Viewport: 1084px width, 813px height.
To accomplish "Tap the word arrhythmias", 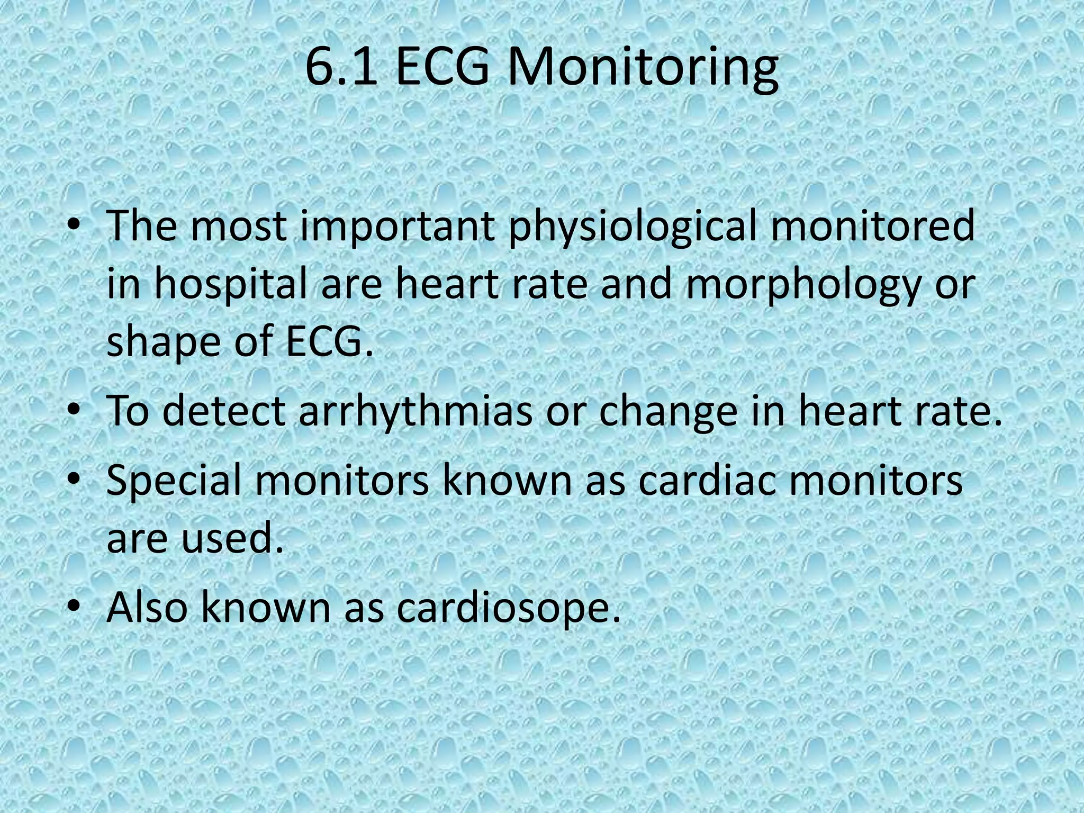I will coord(415,411).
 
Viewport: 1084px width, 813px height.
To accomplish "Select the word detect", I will coord(224,411).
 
